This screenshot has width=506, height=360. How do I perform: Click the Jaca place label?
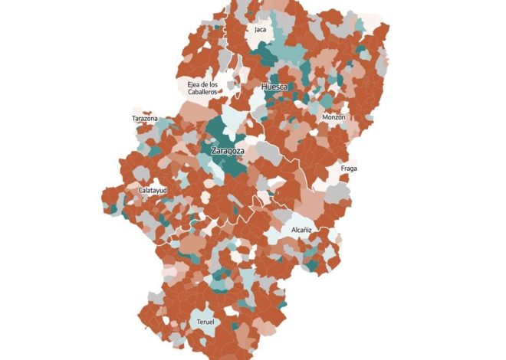261,30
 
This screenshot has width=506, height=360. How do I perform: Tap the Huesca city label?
274,87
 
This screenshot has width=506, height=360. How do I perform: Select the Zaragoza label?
227,151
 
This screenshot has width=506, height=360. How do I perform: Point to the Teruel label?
205,322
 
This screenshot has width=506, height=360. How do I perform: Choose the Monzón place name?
333,117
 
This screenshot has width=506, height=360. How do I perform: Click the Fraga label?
348,169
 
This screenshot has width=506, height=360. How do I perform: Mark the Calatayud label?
153,190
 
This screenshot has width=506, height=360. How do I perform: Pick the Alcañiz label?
301,230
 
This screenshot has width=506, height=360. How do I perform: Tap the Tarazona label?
145,119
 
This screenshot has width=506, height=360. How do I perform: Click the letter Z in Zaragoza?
213,151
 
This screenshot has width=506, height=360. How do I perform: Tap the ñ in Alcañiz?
306,230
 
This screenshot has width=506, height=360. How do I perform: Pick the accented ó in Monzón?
340,117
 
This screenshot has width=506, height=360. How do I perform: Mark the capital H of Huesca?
264,87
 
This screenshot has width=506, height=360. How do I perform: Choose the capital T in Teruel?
199,322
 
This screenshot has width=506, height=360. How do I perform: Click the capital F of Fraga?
341,169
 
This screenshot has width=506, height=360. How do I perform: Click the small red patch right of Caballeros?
222,91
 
